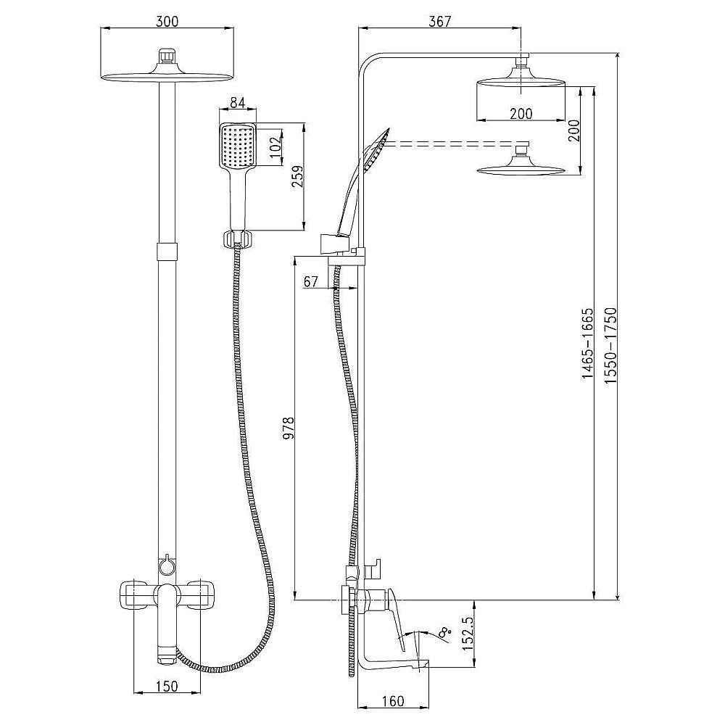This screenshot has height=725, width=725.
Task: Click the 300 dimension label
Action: click(x=167, y=21)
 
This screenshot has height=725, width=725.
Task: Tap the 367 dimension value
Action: click(x=439, y=21)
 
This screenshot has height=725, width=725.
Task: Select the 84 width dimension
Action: click(x=237, y=104)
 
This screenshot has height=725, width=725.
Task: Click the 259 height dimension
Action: click(x=295, y=178)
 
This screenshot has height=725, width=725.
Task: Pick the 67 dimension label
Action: click(x=312, y=282)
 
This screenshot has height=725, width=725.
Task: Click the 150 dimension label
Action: click(x=167, y=687)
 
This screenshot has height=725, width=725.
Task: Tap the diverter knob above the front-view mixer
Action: click(x=167, y=563)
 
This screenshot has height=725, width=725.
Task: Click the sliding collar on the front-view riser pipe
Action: click(x=167, y=251)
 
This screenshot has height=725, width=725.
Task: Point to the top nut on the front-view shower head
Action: click(x=167, y=55)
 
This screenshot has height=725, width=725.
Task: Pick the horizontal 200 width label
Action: click(x=521, y=113)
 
